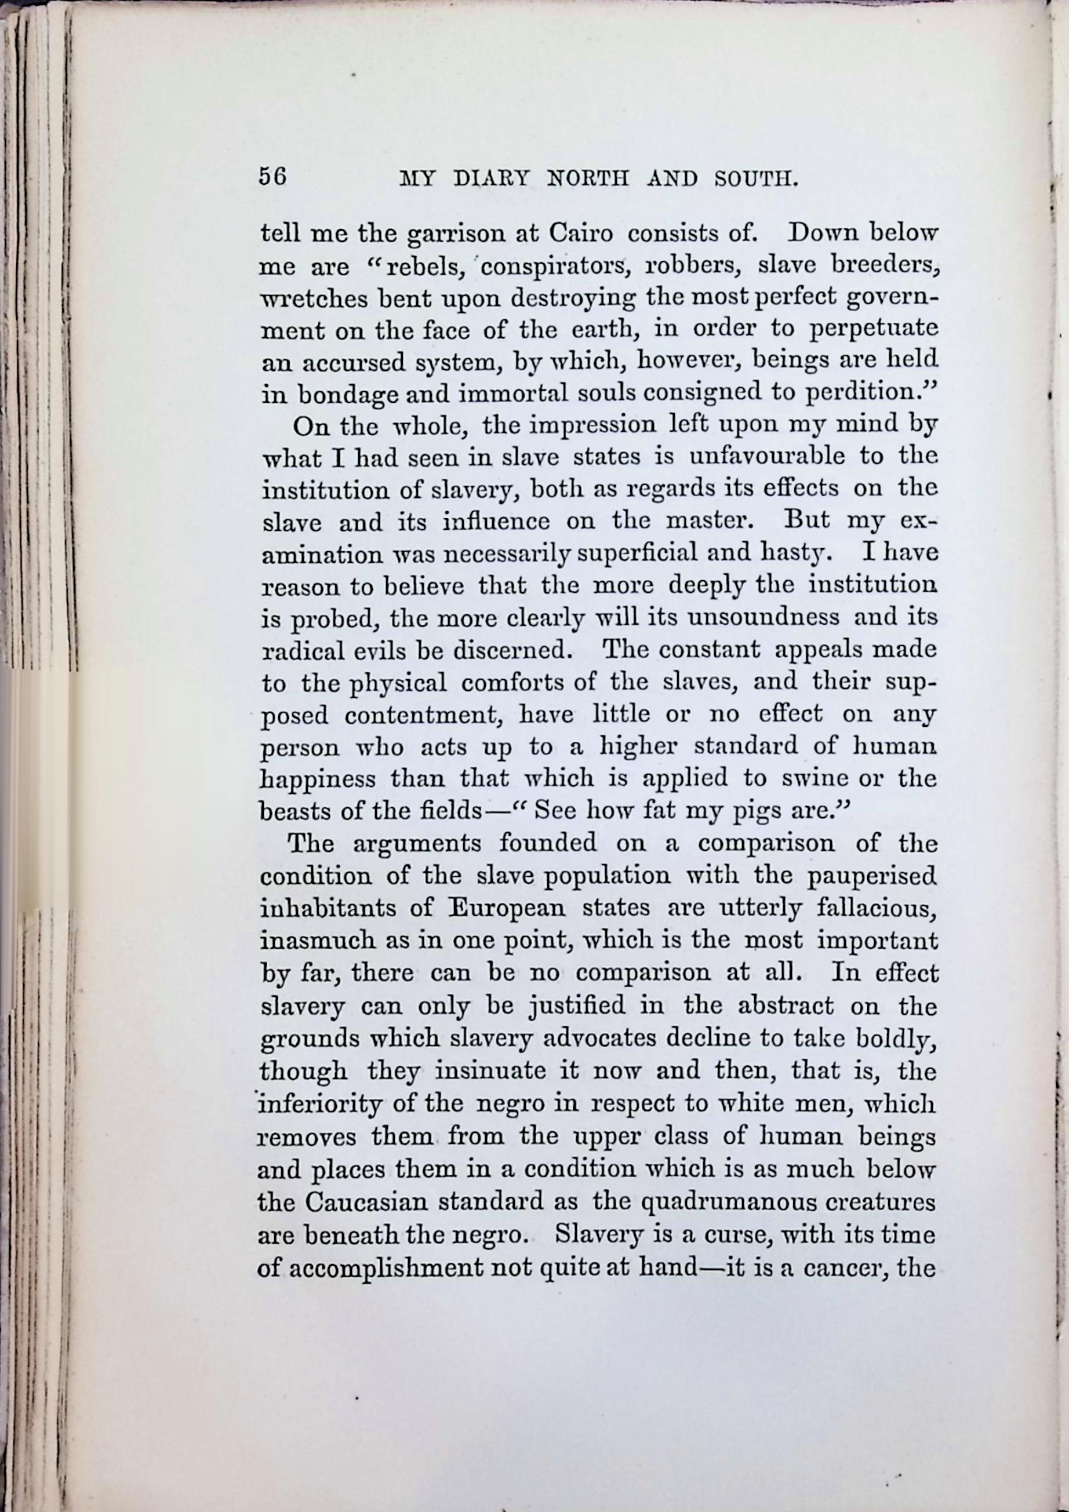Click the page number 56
coord(272,177)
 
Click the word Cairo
coord(581,234)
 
